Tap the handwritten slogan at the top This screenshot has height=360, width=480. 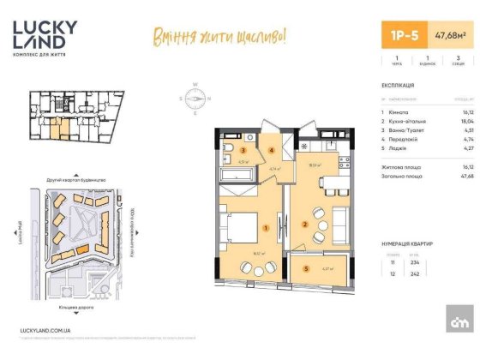tap(218, 36)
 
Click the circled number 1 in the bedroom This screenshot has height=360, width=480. tap(267, 228)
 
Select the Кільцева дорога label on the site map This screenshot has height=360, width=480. tap(77, 306)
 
